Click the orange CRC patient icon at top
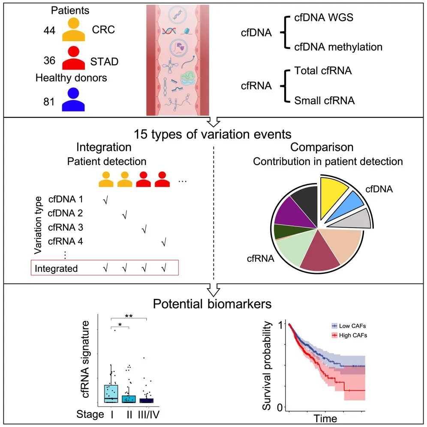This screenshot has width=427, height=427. point(74,30)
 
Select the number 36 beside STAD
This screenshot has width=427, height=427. point(50,61)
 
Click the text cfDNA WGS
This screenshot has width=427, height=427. point(324,18)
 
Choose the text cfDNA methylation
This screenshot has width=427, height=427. point(338,47)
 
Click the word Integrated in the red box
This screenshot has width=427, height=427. point(56,269)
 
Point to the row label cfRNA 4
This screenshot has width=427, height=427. point(65,241)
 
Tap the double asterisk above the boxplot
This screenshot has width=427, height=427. point(129,316)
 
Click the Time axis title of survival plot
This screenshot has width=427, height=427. point(325,418)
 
